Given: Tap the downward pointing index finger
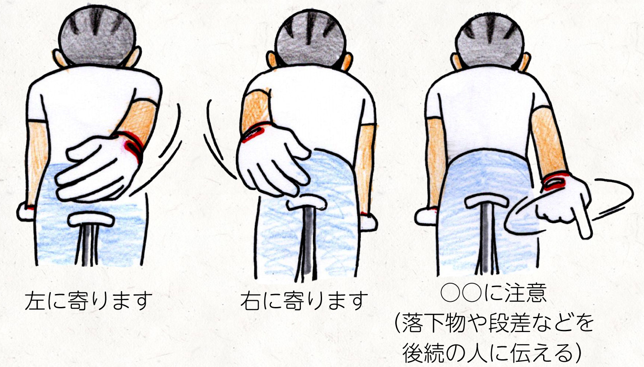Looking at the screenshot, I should coord(583,225).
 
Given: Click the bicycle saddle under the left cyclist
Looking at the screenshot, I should coord(91,219).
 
